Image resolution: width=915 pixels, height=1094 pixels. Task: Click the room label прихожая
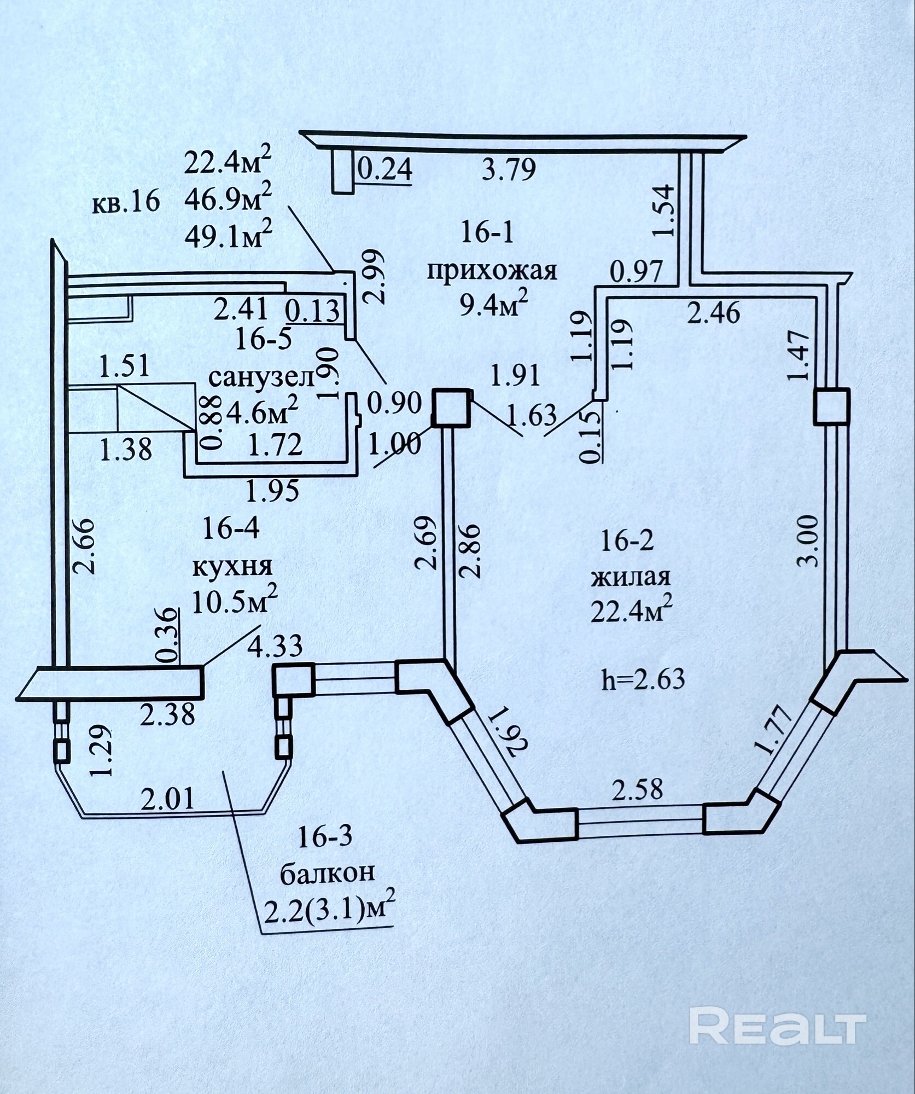491,271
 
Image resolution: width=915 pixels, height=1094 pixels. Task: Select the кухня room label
232,567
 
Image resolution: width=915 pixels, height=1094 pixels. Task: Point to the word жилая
631,578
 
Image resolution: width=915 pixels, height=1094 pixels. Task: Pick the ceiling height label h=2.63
643,680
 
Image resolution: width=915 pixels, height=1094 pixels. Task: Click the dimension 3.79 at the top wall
508,170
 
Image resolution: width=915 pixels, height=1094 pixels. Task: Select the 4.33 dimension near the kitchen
275,646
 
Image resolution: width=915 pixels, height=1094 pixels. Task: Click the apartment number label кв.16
126,202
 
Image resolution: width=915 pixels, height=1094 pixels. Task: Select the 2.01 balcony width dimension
168,799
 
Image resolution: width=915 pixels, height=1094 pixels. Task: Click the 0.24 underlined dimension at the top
384,170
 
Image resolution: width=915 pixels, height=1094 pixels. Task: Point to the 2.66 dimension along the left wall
84,546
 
